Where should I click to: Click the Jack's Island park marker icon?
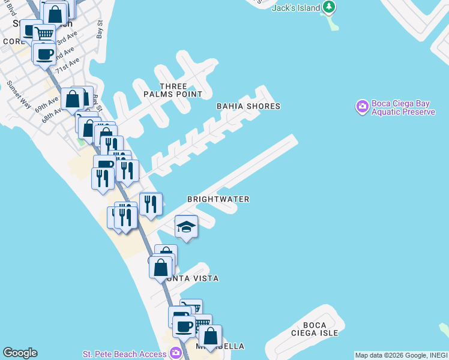(328, 7)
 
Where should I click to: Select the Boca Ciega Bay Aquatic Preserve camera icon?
(362, 107)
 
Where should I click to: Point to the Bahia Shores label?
(249, 106)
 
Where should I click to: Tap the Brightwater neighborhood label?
(218, 199)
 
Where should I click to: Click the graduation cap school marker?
(187, 227)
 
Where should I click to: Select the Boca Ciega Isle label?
(320, 329)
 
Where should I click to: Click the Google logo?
(20, 353)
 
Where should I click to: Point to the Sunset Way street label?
(19, 94)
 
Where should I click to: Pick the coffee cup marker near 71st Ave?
(44, 55)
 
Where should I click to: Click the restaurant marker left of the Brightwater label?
(150, 204)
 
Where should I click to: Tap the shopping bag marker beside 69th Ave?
(72, 100)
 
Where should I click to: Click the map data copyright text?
(401, 355)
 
